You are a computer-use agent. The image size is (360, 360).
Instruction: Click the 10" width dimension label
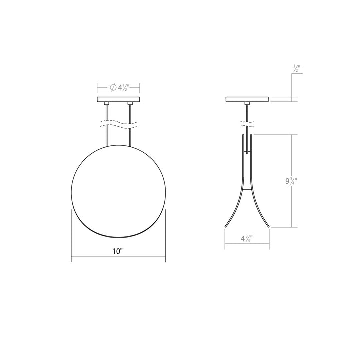118,252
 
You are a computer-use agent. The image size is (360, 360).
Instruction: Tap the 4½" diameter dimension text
123,88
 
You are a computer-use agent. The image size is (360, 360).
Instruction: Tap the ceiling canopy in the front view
118,100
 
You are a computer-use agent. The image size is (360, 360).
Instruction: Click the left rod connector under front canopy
106,104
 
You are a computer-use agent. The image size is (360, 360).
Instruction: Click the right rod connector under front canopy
130,104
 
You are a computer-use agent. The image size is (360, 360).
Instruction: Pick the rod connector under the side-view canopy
247,104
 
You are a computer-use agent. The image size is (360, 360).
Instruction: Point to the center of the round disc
118,192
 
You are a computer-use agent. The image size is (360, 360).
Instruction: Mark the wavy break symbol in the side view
247,122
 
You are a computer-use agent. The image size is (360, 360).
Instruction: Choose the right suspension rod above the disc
130,137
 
